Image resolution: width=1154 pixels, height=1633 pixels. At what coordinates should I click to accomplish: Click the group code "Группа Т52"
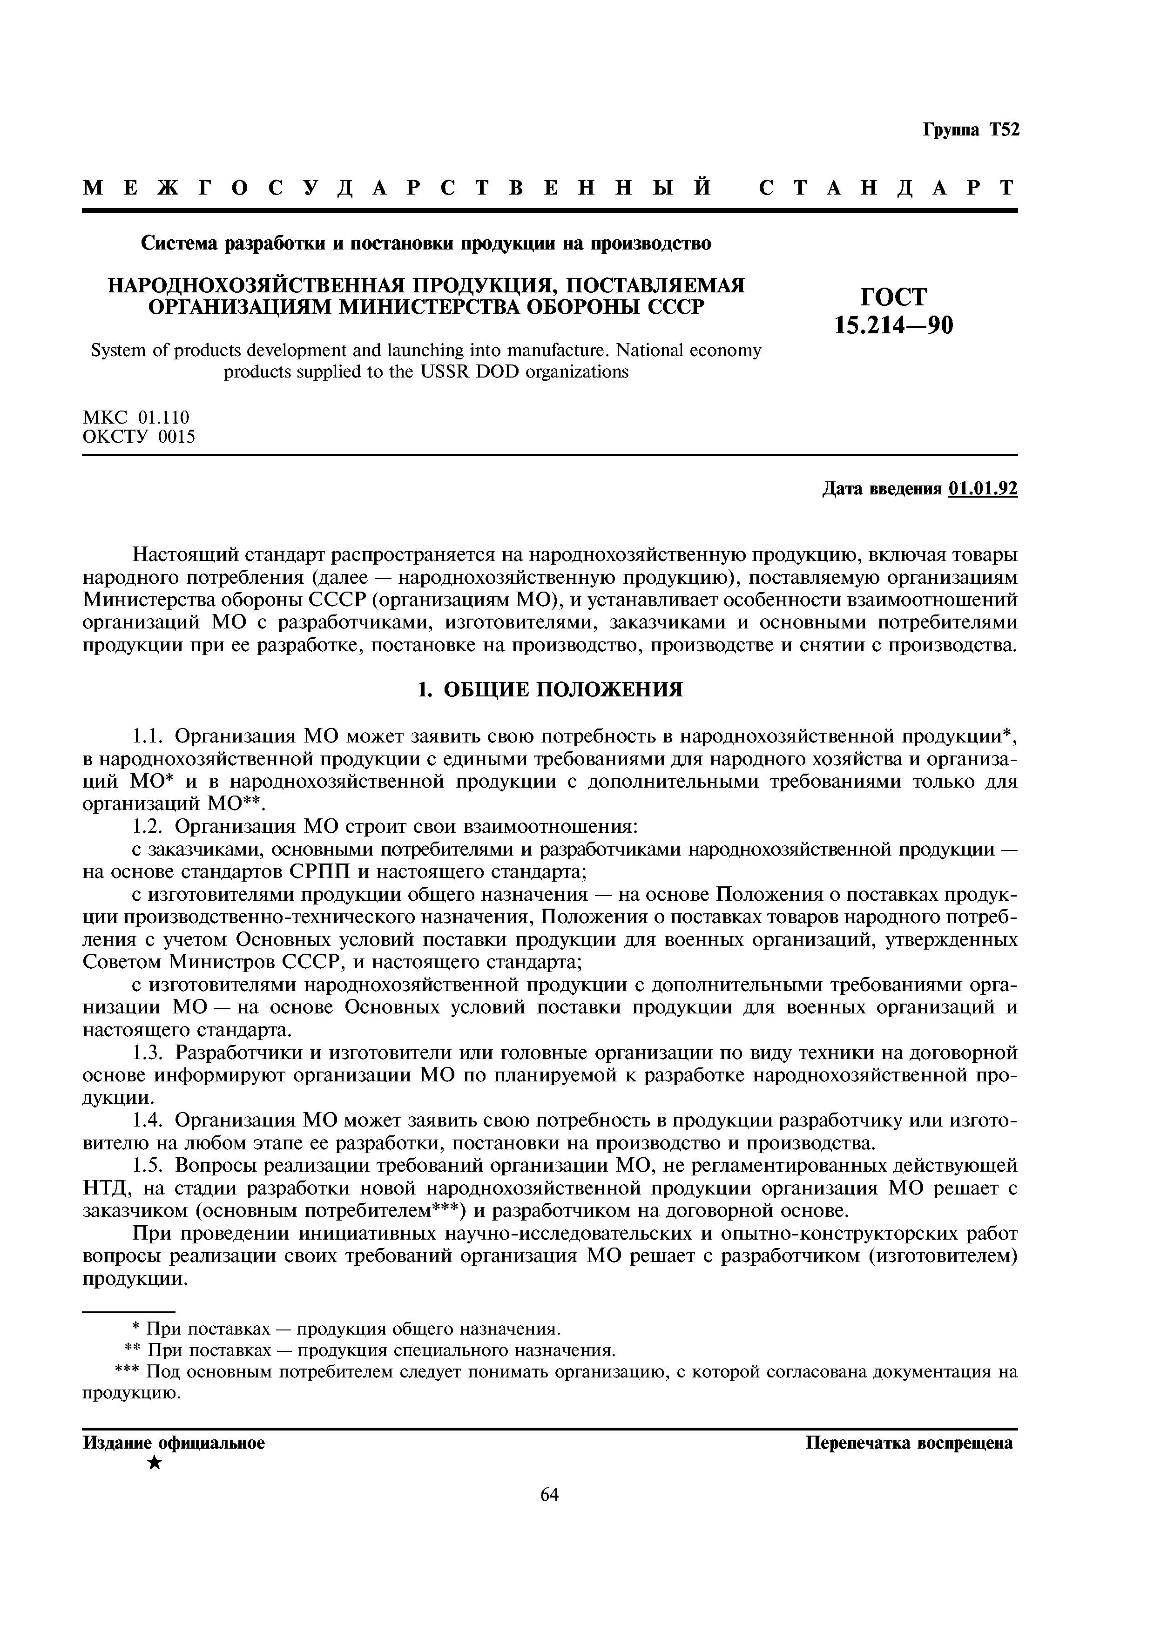[x=971, y=130]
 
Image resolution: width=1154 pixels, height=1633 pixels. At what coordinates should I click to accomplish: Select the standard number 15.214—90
[x=894, y=325]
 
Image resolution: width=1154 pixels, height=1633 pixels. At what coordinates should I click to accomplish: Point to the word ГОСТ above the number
[x=894, y=297]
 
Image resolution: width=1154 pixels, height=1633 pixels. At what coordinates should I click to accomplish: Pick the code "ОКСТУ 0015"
[x=139, y=437]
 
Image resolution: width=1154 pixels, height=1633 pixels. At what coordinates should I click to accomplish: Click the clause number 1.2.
[x=149, y=826]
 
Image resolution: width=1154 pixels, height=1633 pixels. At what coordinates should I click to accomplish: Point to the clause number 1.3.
[x=149, y=1052]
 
